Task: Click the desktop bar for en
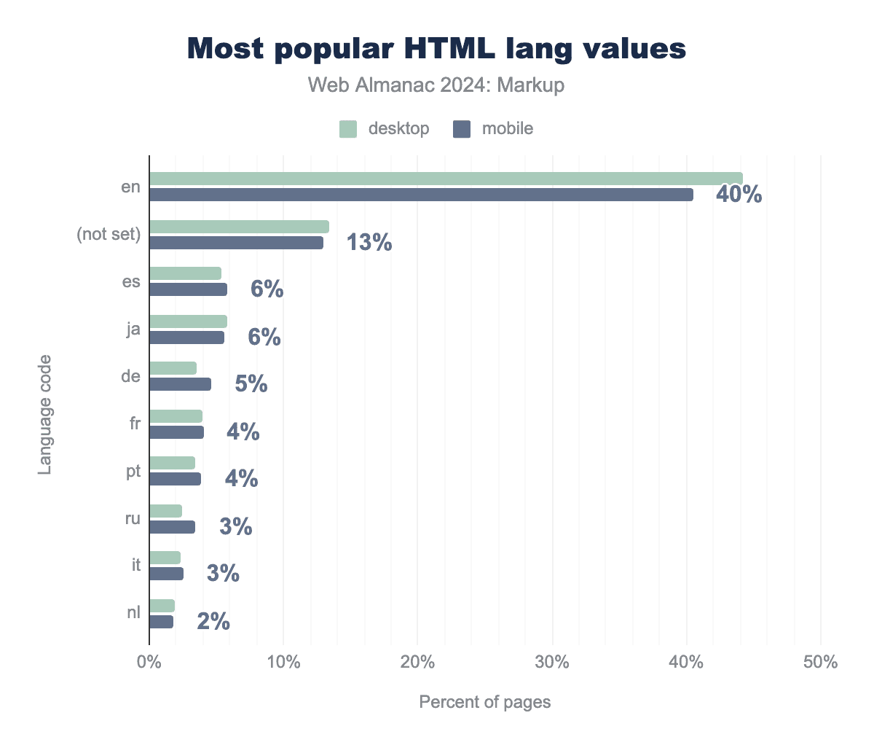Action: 446,179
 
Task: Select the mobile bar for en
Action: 421,195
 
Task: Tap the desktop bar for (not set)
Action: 239,227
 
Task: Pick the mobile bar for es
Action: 188,289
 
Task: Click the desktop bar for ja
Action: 188,321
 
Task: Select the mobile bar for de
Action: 180,384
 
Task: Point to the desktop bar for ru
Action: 165,511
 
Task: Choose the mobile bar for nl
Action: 161,622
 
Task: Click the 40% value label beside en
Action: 739,195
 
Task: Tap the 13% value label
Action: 369,243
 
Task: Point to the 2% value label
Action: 213,622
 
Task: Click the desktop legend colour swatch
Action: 348,129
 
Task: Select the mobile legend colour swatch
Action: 462,129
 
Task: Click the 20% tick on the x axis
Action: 418,663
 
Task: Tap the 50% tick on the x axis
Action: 821,663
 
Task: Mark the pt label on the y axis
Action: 133,472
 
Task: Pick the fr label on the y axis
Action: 135,424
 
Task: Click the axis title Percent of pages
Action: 485,702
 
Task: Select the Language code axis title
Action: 45,414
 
